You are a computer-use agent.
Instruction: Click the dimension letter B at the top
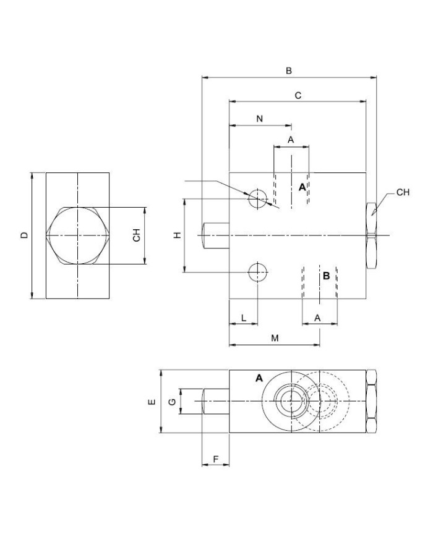click(x=288, y=71)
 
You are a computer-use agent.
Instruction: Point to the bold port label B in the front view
click(x=326, y=276)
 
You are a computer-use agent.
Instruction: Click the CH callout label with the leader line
click(x=403, y=192)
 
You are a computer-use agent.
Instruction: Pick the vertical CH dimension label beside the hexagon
click(x=137, y=235)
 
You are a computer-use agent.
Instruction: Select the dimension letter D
click(x=24, y=235)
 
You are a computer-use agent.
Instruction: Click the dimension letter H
click(x=176, y=235)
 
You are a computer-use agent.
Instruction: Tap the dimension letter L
click(x=243, y=318)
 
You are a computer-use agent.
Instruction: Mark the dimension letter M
click(x=275, y=338)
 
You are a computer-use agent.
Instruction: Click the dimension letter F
click(x=215, y=459)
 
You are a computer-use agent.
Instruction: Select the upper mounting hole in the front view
click(x=257, y=198)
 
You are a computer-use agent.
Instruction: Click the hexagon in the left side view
click(x=78, y=235)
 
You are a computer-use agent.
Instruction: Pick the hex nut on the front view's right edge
click(x=371, y=235)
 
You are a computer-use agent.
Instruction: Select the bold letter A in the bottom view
click(x=259, y=378)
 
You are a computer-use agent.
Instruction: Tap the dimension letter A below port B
click(x=318, y=318)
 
